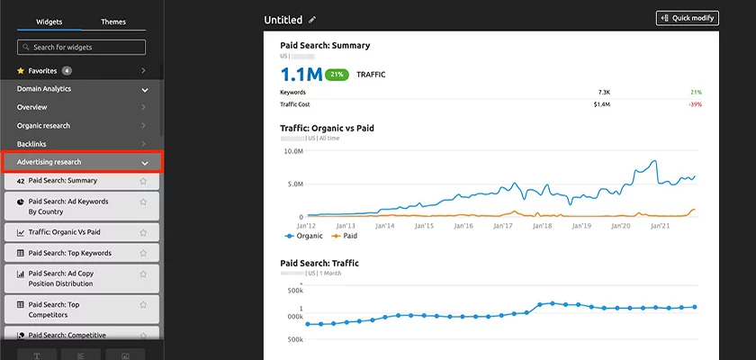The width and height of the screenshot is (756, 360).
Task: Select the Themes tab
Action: coord(113,22)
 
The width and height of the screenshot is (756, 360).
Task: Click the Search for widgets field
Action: coord(81,47)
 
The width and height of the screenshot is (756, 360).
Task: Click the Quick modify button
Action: coord(688,18)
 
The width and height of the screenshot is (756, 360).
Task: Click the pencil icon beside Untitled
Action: coord(312,19)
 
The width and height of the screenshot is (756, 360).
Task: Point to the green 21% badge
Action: coord(337,75)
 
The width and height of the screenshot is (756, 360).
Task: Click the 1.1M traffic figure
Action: coord(301,75)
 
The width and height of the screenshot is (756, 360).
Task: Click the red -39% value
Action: coord(695,104)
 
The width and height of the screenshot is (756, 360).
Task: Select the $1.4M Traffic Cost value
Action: coord(601,104)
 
